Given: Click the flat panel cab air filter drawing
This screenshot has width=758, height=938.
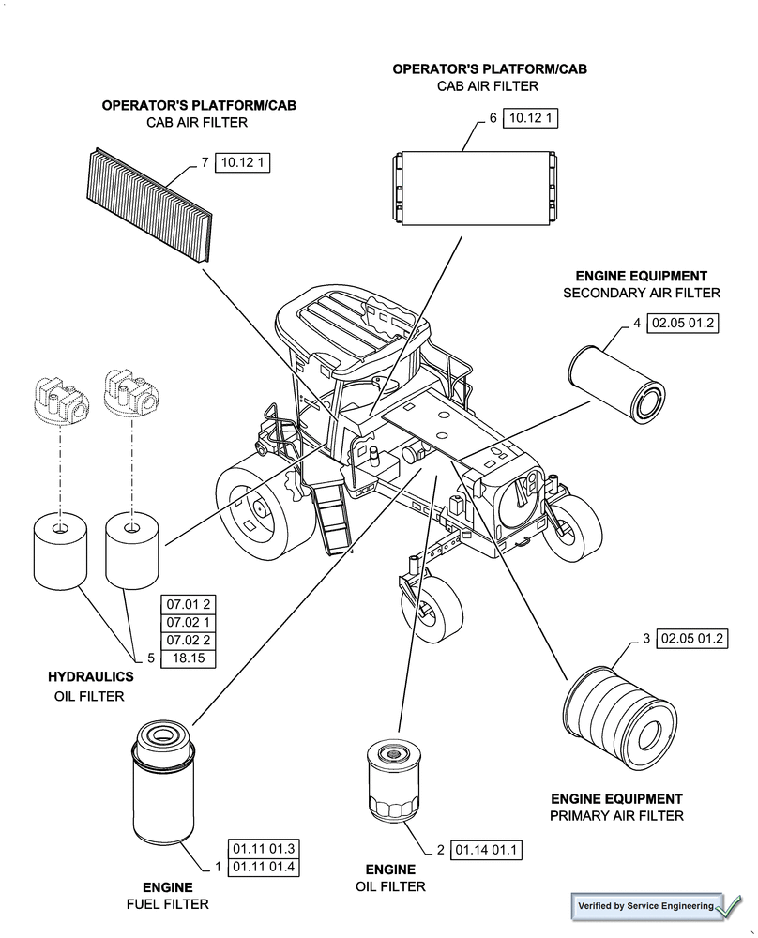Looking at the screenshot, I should pos(150,204).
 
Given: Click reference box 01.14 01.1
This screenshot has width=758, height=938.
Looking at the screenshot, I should pos(486,851).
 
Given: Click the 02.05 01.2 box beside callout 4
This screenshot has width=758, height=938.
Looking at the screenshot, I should pos(684,324).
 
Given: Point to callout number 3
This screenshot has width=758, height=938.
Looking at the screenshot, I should pos(646,639).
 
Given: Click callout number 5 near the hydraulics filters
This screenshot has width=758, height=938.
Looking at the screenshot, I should pos(150,658).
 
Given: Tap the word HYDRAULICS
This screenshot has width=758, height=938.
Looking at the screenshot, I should pos(91,676).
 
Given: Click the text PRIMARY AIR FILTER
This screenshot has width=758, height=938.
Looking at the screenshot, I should pos(616,815).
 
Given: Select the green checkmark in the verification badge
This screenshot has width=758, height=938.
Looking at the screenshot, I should pos(727,906).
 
